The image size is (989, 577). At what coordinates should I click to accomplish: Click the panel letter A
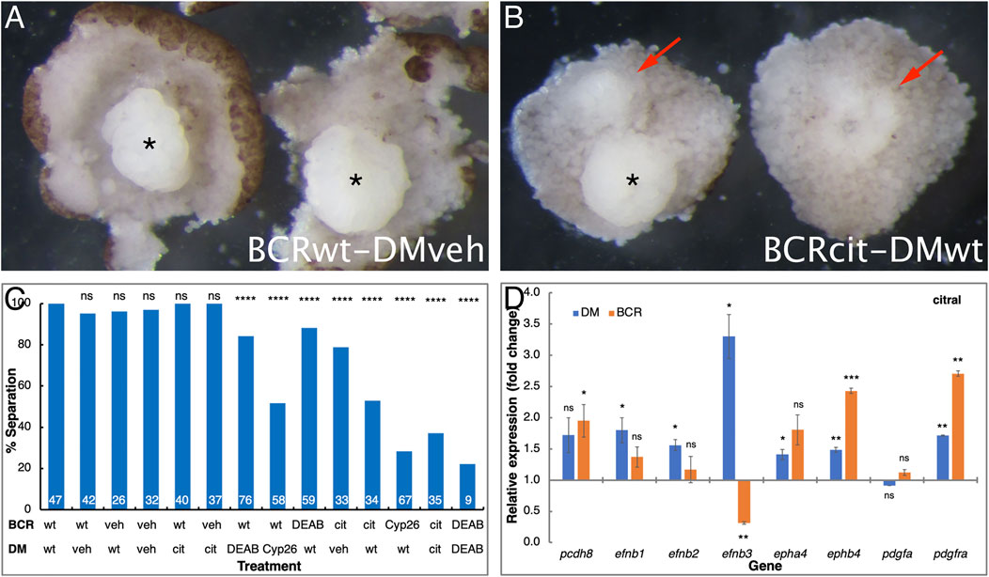[16, 18]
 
